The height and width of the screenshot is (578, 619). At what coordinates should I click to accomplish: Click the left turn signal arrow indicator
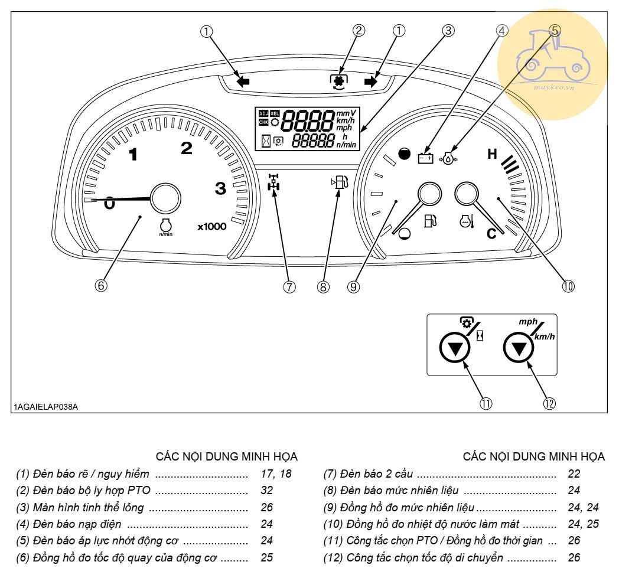click(242, 82)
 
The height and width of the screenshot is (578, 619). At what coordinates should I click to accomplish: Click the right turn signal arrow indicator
click(371, 82)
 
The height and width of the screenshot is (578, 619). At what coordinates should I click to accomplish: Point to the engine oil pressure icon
click(450, 158)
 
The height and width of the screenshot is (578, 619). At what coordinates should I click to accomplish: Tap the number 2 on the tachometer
click(187, 149)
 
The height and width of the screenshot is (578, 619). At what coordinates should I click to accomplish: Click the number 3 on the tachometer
click(220, 189)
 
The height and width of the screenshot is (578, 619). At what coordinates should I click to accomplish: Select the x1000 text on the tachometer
click(212, 226)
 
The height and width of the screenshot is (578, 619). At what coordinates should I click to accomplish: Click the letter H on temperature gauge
click(492, 155)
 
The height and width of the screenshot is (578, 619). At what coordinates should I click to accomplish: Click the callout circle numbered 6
click(100, 286)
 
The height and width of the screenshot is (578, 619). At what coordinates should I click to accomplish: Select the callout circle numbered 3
click(449, 31)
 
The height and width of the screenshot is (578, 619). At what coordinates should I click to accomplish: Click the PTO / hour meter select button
click(454, 350)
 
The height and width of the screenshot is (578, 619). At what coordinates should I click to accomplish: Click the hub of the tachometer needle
click(165, 198)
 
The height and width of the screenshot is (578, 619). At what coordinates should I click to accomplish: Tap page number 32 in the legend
click(267, 490)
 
